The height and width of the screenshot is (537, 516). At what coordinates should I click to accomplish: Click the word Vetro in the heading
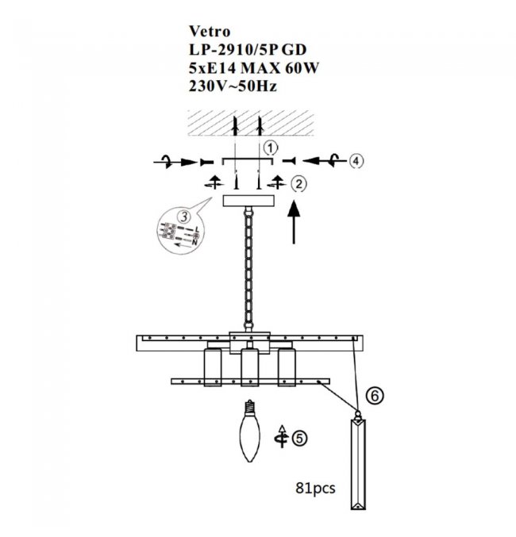click(x=210, y=32)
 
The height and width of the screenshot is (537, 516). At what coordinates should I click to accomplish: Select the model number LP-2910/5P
click(x=233, y=50)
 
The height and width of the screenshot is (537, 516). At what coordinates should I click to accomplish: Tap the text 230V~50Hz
click(x=233, y=86)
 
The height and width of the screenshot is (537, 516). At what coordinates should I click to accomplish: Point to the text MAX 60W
click(x=279, y=68)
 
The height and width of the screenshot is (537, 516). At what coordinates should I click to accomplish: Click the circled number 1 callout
click(x=271, y=148)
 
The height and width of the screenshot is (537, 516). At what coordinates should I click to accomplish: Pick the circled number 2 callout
click(x=299, y=184)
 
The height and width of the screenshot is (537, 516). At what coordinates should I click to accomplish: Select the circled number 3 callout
click(x=184, y=216)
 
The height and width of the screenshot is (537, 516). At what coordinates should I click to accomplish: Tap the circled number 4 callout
click(x=356, y=160)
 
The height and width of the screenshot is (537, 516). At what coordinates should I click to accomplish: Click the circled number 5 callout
click(x=299, y=439)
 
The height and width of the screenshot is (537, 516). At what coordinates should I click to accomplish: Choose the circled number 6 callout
click(x=375, y=396)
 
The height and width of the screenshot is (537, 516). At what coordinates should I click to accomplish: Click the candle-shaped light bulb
click(x=250, y=431)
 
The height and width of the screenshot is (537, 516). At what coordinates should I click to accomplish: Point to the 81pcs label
click(x=315, y=487)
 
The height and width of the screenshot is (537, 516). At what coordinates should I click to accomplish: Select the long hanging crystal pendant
click(x=358, y=460)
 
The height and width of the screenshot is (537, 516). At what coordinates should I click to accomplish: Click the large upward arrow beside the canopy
click(x=294, y=223)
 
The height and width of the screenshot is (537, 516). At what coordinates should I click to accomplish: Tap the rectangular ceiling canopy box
click(x=248, y=201)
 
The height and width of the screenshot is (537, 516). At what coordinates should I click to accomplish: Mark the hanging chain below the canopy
click(x=248, y=269)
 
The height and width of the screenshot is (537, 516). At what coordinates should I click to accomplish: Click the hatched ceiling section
click(x=251, y=123)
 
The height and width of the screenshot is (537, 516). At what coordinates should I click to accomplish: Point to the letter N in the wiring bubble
click(x=194, y=243)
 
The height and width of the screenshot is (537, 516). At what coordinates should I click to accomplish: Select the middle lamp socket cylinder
click(x=249, y=367)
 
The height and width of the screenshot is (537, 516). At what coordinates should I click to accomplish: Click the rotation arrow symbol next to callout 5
click(x=282, y=436)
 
